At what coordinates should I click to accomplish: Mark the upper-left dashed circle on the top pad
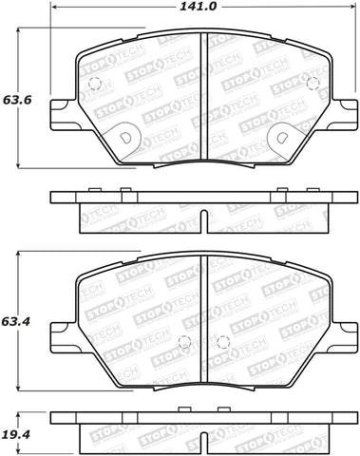click(x=94, y=84)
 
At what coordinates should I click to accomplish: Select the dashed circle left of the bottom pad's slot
click(x=188, y=343)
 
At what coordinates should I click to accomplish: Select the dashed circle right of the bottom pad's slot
click(x=223, y=343)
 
